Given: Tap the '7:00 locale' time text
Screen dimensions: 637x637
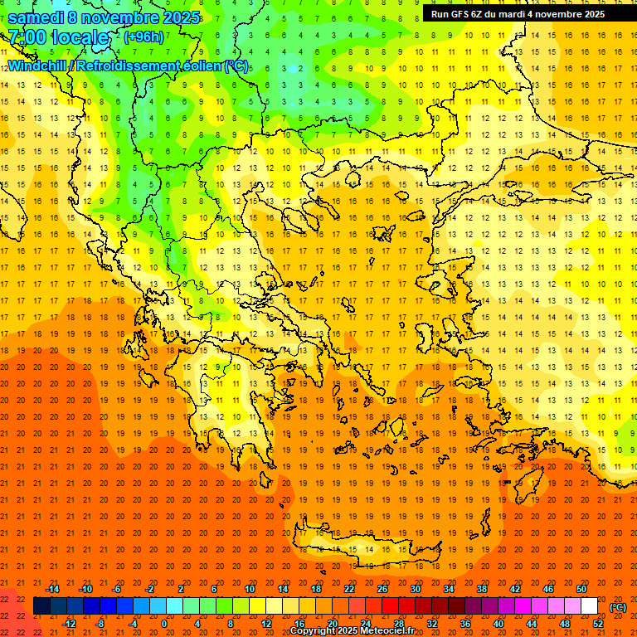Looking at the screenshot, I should pyautogui.click(x=59, y=37).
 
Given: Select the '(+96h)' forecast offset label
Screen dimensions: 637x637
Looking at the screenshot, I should pyautogui.click(x=143, y=37).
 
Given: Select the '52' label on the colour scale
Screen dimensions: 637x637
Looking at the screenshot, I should pyautogui.click(x=597, y=624).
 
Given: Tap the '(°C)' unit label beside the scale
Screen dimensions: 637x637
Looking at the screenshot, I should pyautogui.click(x=618, y=607).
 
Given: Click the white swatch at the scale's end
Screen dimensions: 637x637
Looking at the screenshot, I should pyautogui.click(x=589, y=606).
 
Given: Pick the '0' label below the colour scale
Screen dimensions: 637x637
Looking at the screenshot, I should pyautogui.click(x=163, y=624).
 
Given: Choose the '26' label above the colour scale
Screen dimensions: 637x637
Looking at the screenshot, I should pyautogui.click(x=382, y=589).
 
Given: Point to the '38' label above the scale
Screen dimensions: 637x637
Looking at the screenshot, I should pyautogui.click(x=482, y=589).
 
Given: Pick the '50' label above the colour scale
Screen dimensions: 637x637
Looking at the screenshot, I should pyautogui.click(x=581, y=589).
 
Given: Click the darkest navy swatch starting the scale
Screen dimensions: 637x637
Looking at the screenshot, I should pyautogui.click(x=41, y=606).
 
